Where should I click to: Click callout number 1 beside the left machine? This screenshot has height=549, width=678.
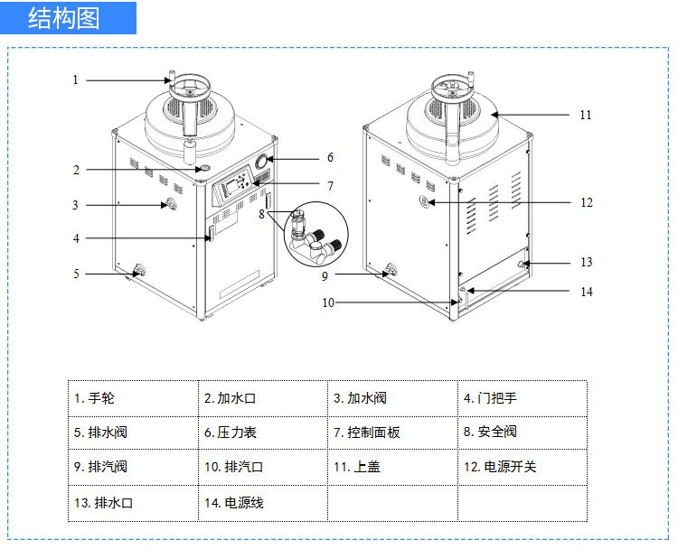[x=76, y=80]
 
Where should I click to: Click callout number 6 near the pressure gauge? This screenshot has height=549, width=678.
[x=330, y=157]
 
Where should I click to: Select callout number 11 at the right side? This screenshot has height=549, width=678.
[x=585, y=116]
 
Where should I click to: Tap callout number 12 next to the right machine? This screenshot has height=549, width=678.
[x=586, y=202]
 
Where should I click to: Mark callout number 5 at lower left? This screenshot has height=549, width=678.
[x=77, y=274]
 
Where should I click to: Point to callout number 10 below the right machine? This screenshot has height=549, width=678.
[x=328, y=302]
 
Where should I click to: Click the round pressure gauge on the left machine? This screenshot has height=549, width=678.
[x=263, y=163]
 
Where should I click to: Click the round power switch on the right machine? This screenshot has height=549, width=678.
[x=426, y=201]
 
